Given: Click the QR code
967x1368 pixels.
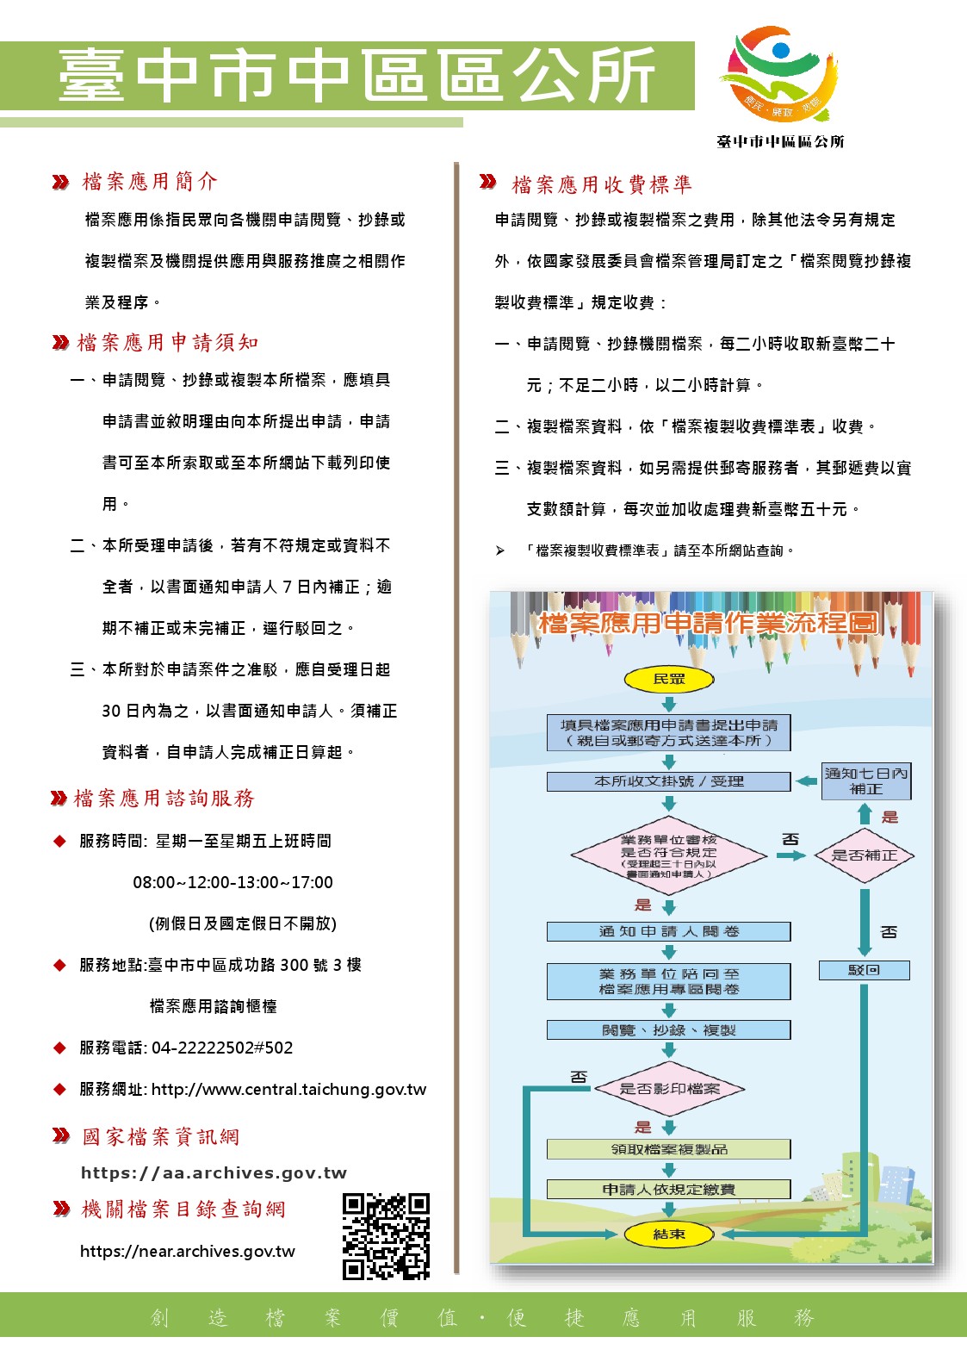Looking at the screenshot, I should (x=386, y=1236).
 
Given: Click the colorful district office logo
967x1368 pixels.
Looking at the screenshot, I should (x=781, y=74).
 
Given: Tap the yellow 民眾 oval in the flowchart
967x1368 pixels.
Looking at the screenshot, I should (x=669, y=679).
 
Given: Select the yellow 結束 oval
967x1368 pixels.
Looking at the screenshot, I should (x=669, y=1234).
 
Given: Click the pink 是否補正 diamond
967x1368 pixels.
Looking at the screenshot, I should (x=864, y=855).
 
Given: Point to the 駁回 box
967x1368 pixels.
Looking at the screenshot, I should (x=864, y=971).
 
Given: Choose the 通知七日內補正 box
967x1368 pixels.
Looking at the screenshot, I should (x=865, y=781).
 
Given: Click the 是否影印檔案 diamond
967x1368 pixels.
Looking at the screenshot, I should (x=669, y=1089).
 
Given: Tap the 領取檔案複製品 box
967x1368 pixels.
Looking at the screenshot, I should (x=669, y=1149).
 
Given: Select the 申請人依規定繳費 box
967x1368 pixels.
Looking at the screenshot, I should (x=669, y=1190).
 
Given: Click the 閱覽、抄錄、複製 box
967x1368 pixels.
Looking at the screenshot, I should (x=669, y=1030).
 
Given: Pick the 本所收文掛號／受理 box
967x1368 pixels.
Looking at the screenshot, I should (x=669, y=781).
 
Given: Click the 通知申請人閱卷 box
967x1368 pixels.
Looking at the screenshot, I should (x=669, y=931).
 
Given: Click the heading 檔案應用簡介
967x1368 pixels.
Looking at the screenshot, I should (x=150, y=182).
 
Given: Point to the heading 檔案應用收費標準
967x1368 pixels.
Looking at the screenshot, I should (x=602, y=184).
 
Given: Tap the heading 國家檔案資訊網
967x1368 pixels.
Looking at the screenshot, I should (x=161, y=1137).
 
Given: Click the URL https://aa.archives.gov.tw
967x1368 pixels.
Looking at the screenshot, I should (x=214, y=1173).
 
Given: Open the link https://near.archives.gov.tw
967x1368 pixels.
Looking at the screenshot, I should (x=188, y=1252).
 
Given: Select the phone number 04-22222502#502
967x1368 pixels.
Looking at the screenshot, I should (x=222, y=1048).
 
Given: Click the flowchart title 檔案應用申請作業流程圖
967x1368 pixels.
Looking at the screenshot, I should (x=708, y=623).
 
